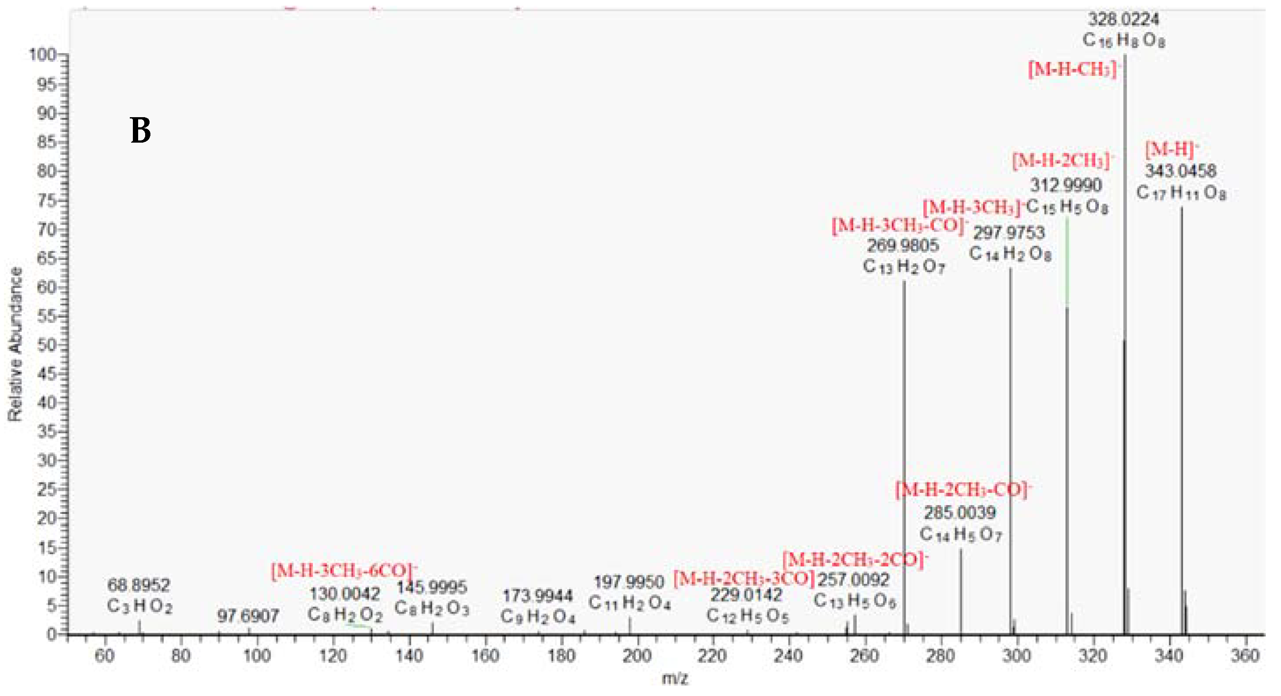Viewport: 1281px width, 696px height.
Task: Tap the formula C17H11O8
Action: coord(1181,193)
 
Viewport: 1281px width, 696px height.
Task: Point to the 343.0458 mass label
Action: coord(1181,171)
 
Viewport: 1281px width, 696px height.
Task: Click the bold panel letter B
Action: coord(140,130)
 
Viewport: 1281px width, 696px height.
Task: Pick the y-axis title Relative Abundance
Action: coord(16,344)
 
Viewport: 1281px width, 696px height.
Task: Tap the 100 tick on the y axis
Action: coord(44,55)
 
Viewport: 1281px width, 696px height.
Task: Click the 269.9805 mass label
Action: coord(903,245)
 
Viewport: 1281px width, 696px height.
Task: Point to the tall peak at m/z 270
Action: coord(904,448)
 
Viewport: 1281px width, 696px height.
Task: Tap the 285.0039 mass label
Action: coord(960,513)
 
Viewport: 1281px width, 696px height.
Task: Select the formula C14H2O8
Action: coord(1010,254)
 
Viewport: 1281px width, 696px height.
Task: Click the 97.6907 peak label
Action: coord(248,617)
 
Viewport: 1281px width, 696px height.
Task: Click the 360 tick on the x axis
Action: coord(1244,656)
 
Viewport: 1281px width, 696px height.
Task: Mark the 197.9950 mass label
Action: coord(629,582)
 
